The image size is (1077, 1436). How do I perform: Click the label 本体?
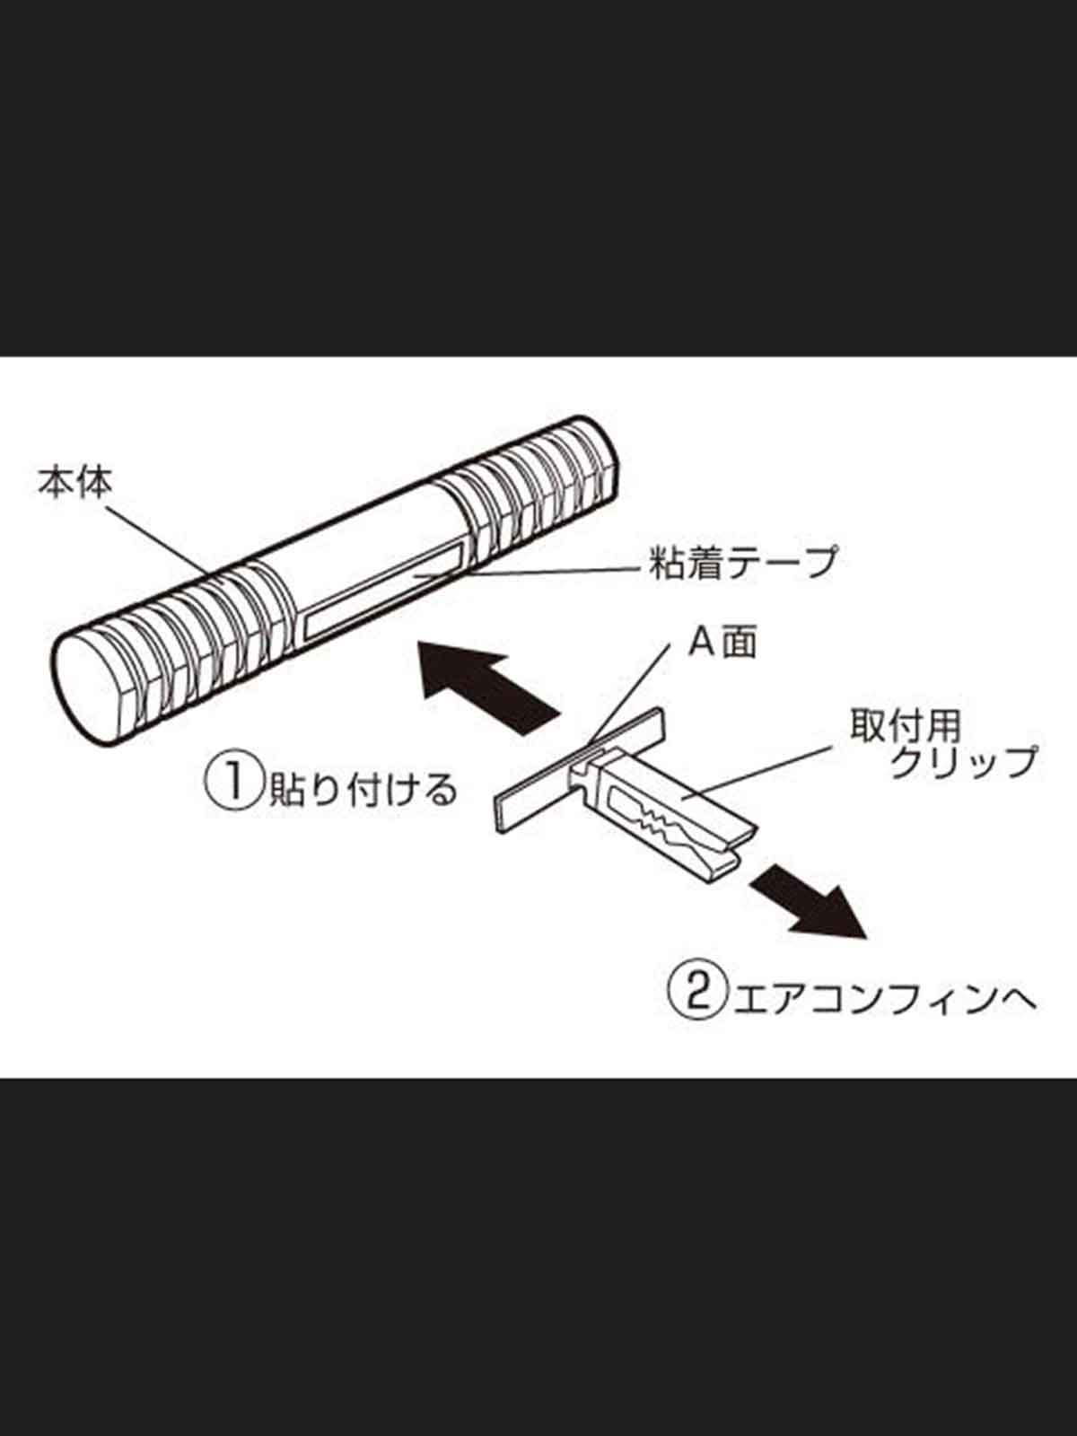pos(74,483)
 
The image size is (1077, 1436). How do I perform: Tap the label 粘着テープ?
pos(743,562)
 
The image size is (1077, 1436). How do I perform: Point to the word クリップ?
pos(963,762)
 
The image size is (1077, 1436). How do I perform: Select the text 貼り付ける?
pos(363,789)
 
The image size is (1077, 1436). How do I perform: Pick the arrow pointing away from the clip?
pos(809,902)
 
